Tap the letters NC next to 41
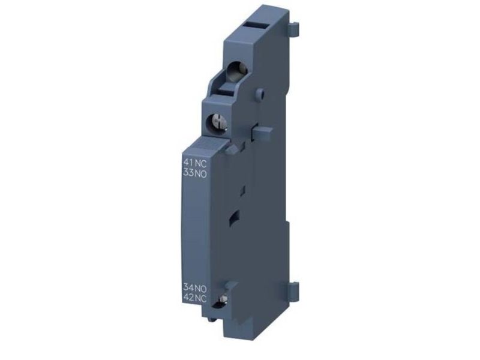pyautogui.click(x=201, y=163)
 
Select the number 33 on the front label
pyautogui.click(x=188, y=173)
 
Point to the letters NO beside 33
pyautogui.click(x=201, y=173)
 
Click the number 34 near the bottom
pyautogui.click(x=188, y=288)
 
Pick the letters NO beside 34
pyautogui.click(x=201, y=288)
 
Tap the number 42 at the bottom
pyautogui.click(x=188, y=298)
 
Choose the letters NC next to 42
pyautogui.click(x=201, y=298)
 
